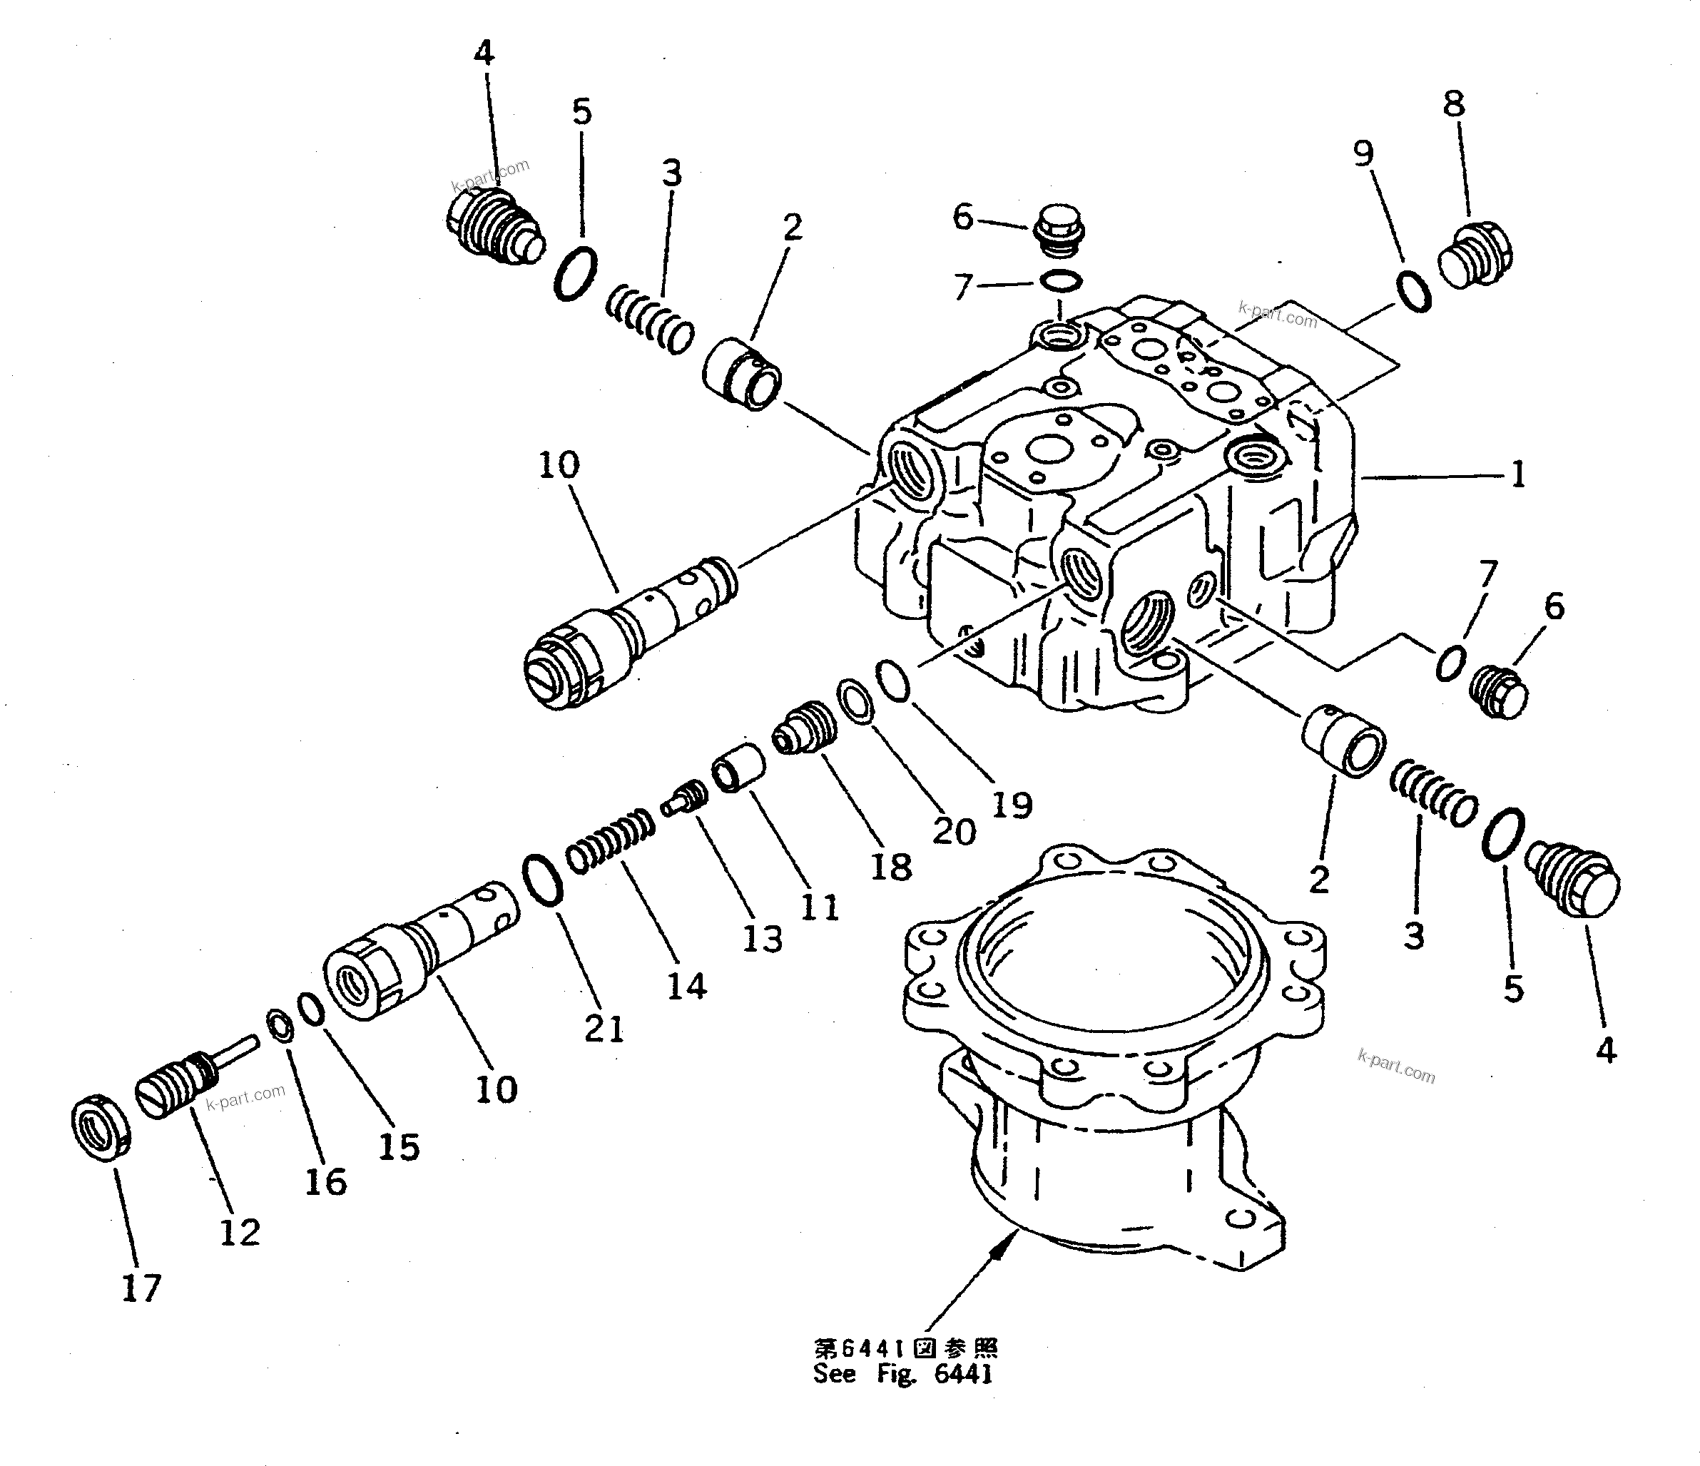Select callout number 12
click(x=240, y=1232)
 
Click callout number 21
click(x=605, y=1028)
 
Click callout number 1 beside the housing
click(x=1518, y=475)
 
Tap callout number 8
click(x=1453, y=104)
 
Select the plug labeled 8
click(x=1475, y=254)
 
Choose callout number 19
click(x=1011, y=805)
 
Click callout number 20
click(x=955, y=832)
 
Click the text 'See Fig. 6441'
click(x=902, y=1374)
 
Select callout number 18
click(x=891, y=867)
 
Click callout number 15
click(x=399, y=1147)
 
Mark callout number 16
click(x=326, y=1181)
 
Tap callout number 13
click(x=762, y=939)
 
